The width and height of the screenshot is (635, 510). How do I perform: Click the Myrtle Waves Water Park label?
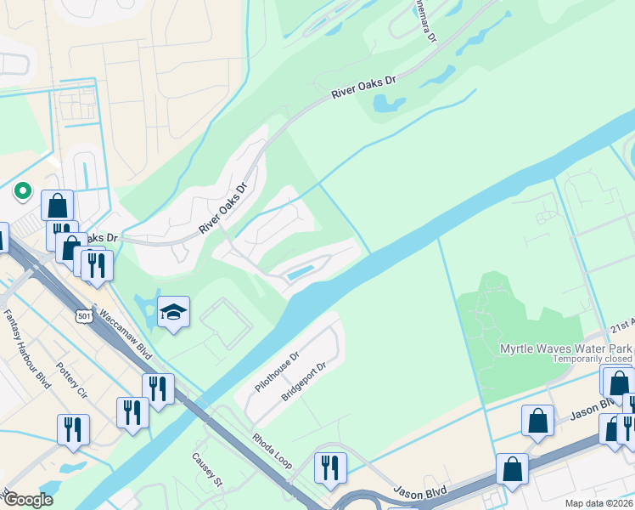coord(565,348)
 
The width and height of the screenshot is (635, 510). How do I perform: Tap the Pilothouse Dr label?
coord(278,371)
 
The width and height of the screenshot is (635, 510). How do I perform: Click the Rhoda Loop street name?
coord(271,450)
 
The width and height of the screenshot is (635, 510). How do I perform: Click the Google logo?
coord(27,499)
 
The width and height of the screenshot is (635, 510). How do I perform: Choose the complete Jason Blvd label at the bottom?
coord(418,492)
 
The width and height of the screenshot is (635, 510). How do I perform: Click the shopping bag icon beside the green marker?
coord(57,205)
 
